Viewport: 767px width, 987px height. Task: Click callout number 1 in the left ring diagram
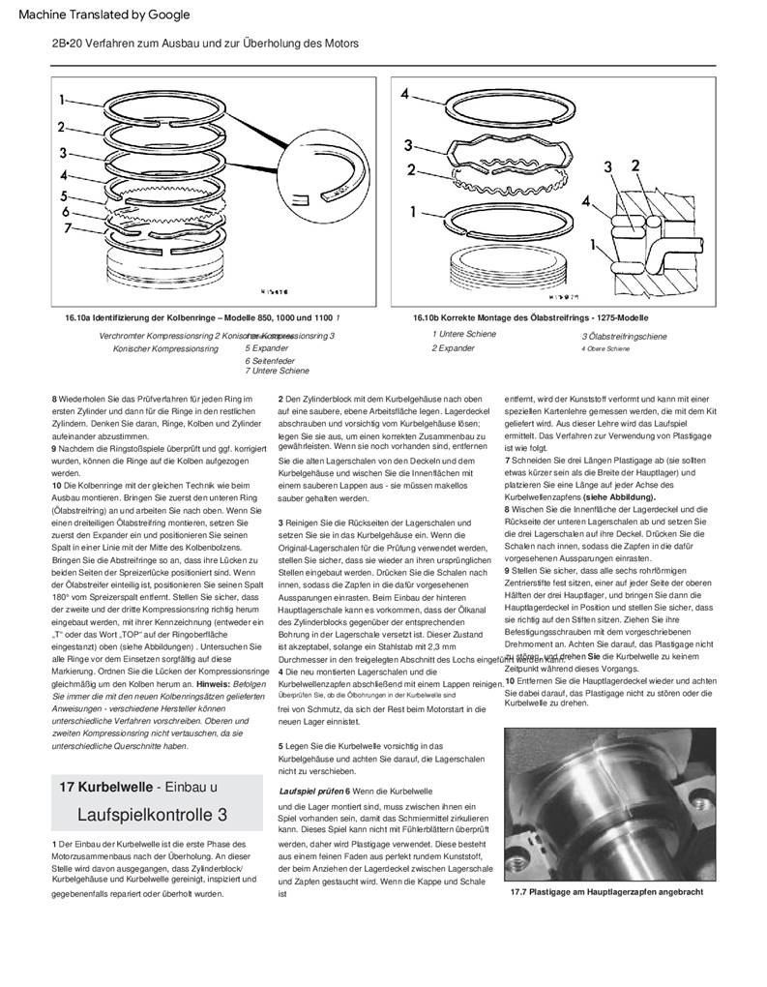(61, 100)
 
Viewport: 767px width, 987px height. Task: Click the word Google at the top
(167, 15)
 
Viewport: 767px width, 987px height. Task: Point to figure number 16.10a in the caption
(83, 317)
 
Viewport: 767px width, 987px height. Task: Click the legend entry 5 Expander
(266, 347)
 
